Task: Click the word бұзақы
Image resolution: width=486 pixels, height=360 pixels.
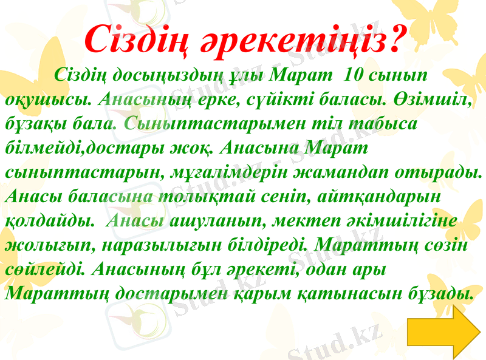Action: pyautogui.click(x=33, y=123)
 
